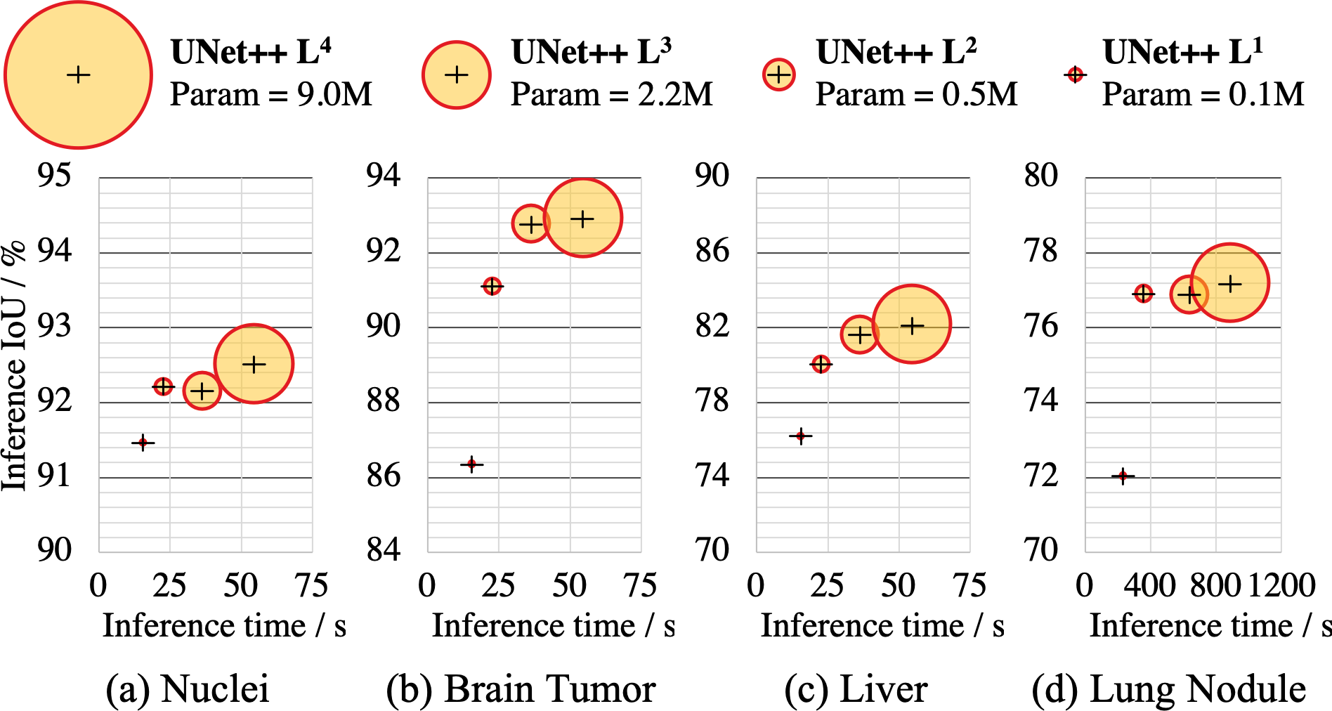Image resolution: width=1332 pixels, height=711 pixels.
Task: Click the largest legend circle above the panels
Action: (x=78, y=74)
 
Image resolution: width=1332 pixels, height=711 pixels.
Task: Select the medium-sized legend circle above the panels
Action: (x=457, y=74)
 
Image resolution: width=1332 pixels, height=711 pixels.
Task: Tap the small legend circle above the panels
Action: (x=778, y=74)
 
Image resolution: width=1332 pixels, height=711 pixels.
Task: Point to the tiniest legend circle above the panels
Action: (x=1075, y=74)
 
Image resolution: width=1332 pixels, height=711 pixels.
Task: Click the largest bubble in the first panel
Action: (x=254, y=364)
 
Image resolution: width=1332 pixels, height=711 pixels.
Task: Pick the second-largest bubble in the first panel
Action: (x=202, y=391)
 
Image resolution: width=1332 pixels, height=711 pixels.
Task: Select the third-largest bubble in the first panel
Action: (x=163, y=386)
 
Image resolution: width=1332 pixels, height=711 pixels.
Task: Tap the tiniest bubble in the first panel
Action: (x=143, y=442)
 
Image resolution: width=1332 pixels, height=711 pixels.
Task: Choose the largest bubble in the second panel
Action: (x=582, y=218)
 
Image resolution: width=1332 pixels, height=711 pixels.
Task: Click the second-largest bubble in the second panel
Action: (x=530, y=224)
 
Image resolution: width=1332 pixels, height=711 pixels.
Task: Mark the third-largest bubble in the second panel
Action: (x=492, y=286)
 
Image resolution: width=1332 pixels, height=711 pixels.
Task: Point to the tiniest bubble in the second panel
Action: (x=471, y=464)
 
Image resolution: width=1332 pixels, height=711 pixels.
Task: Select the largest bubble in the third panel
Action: (x=912, y=325)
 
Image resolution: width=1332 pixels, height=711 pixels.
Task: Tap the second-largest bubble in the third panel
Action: (x=858, y=335)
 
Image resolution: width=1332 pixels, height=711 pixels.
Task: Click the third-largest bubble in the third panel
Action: (x=821, y=364)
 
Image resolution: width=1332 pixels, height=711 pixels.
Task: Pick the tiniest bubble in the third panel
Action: (x=800, y=436)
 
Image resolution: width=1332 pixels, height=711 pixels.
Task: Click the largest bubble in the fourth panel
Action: (x=1230, y=283)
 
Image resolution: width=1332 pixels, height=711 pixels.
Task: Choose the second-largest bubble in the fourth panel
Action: (x=1188, y=294)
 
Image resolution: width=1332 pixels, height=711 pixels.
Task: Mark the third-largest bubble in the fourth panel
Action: (x=1143, y=293)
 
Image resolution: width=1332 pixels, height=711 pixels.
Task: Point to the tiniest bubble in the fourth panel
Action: (x=1123, y=476)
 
